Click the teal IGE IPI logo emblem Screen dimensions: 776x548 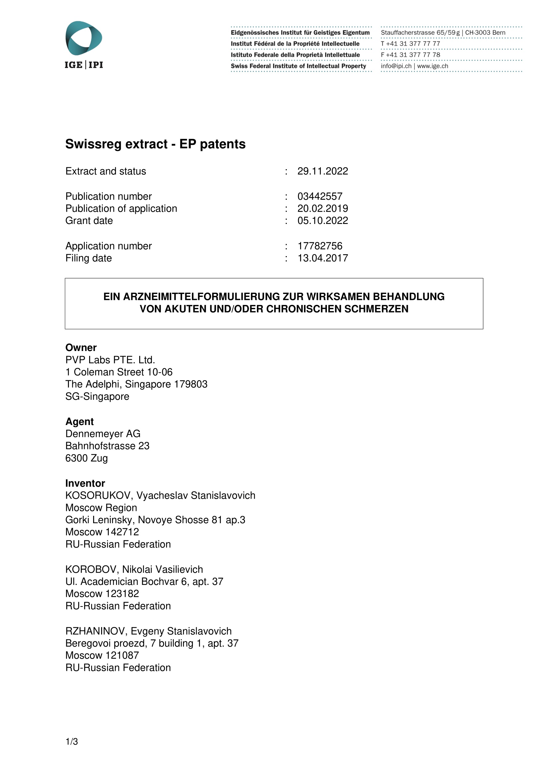[84, 38]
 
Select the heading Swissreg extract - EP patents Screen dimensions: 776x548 [155, 144]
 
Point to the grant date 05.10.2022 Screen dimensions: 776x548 [323, 221]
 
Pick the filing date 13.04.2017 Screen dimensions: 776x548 [323, 258]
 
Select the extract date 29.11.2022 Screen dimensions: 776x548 [323, 171]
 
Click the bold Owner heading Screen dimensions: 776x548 [81, 348]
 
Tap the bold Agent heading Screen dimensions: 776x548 [80, 422]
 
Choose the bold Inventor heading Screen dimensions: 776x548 [85, 483]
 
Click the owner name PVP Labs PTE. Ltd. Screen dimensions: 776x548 [110, 360]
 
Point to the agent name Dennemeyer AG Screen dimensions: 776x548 [103, 434]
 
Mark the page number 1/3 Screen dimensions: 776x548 [72, 741]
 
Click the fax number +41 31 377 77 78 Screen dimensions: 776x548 [413, 55]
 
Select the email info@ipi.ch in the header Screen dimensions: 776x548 [396, 66]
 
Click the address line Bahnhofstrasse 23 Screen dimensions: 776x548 [107, 446]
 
